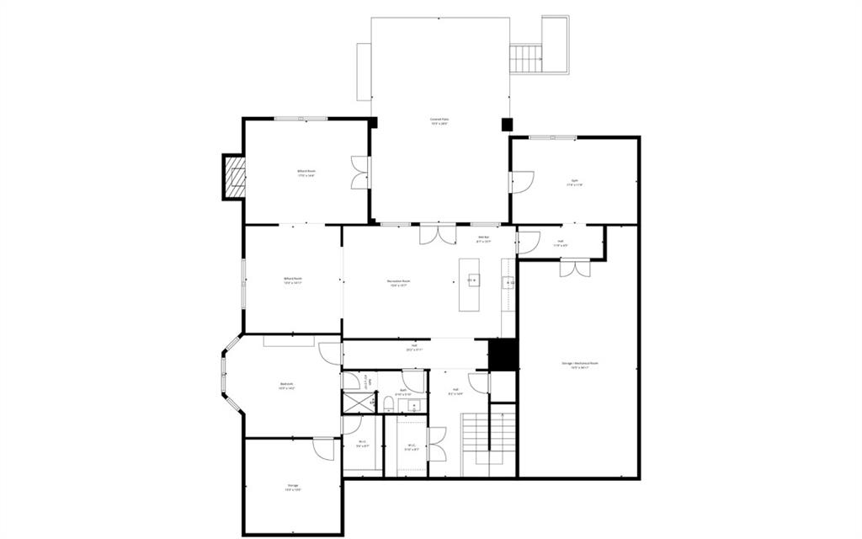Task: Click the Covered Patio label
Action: pyautogui.click(x=439, y=121)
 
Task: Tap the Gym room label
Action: pyautogui.click(x=576, y=183)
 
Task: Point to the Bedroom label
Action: pyautogui.click(x=287, y=387)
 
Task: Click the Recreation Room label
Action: pyautogui.click(x=399, y=282)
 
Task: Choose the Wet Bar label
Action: pyautogui.click(x=483, y=239)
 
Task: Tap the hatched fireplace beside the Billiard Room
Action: pyautogui.click(x=233, y=177)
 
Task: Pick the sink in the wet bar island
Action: pyautogui.click(x=471, y=280)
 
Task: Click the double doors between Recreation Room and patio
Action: pyautogui.click(x=439, y=233)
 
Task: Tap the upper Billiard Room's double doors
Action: pyautogui.click(x=359, y=172)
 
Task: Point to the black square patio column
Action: pyautogui.click(x=507, y=124)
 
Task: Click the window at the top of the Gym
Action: pyautogui.click(x=553, y=137)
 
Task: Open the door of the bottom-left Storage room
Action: pyautogui.click(x=322, y=447)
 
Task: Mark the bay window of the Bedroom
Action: pyautogui.click(x=226, y=376)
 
